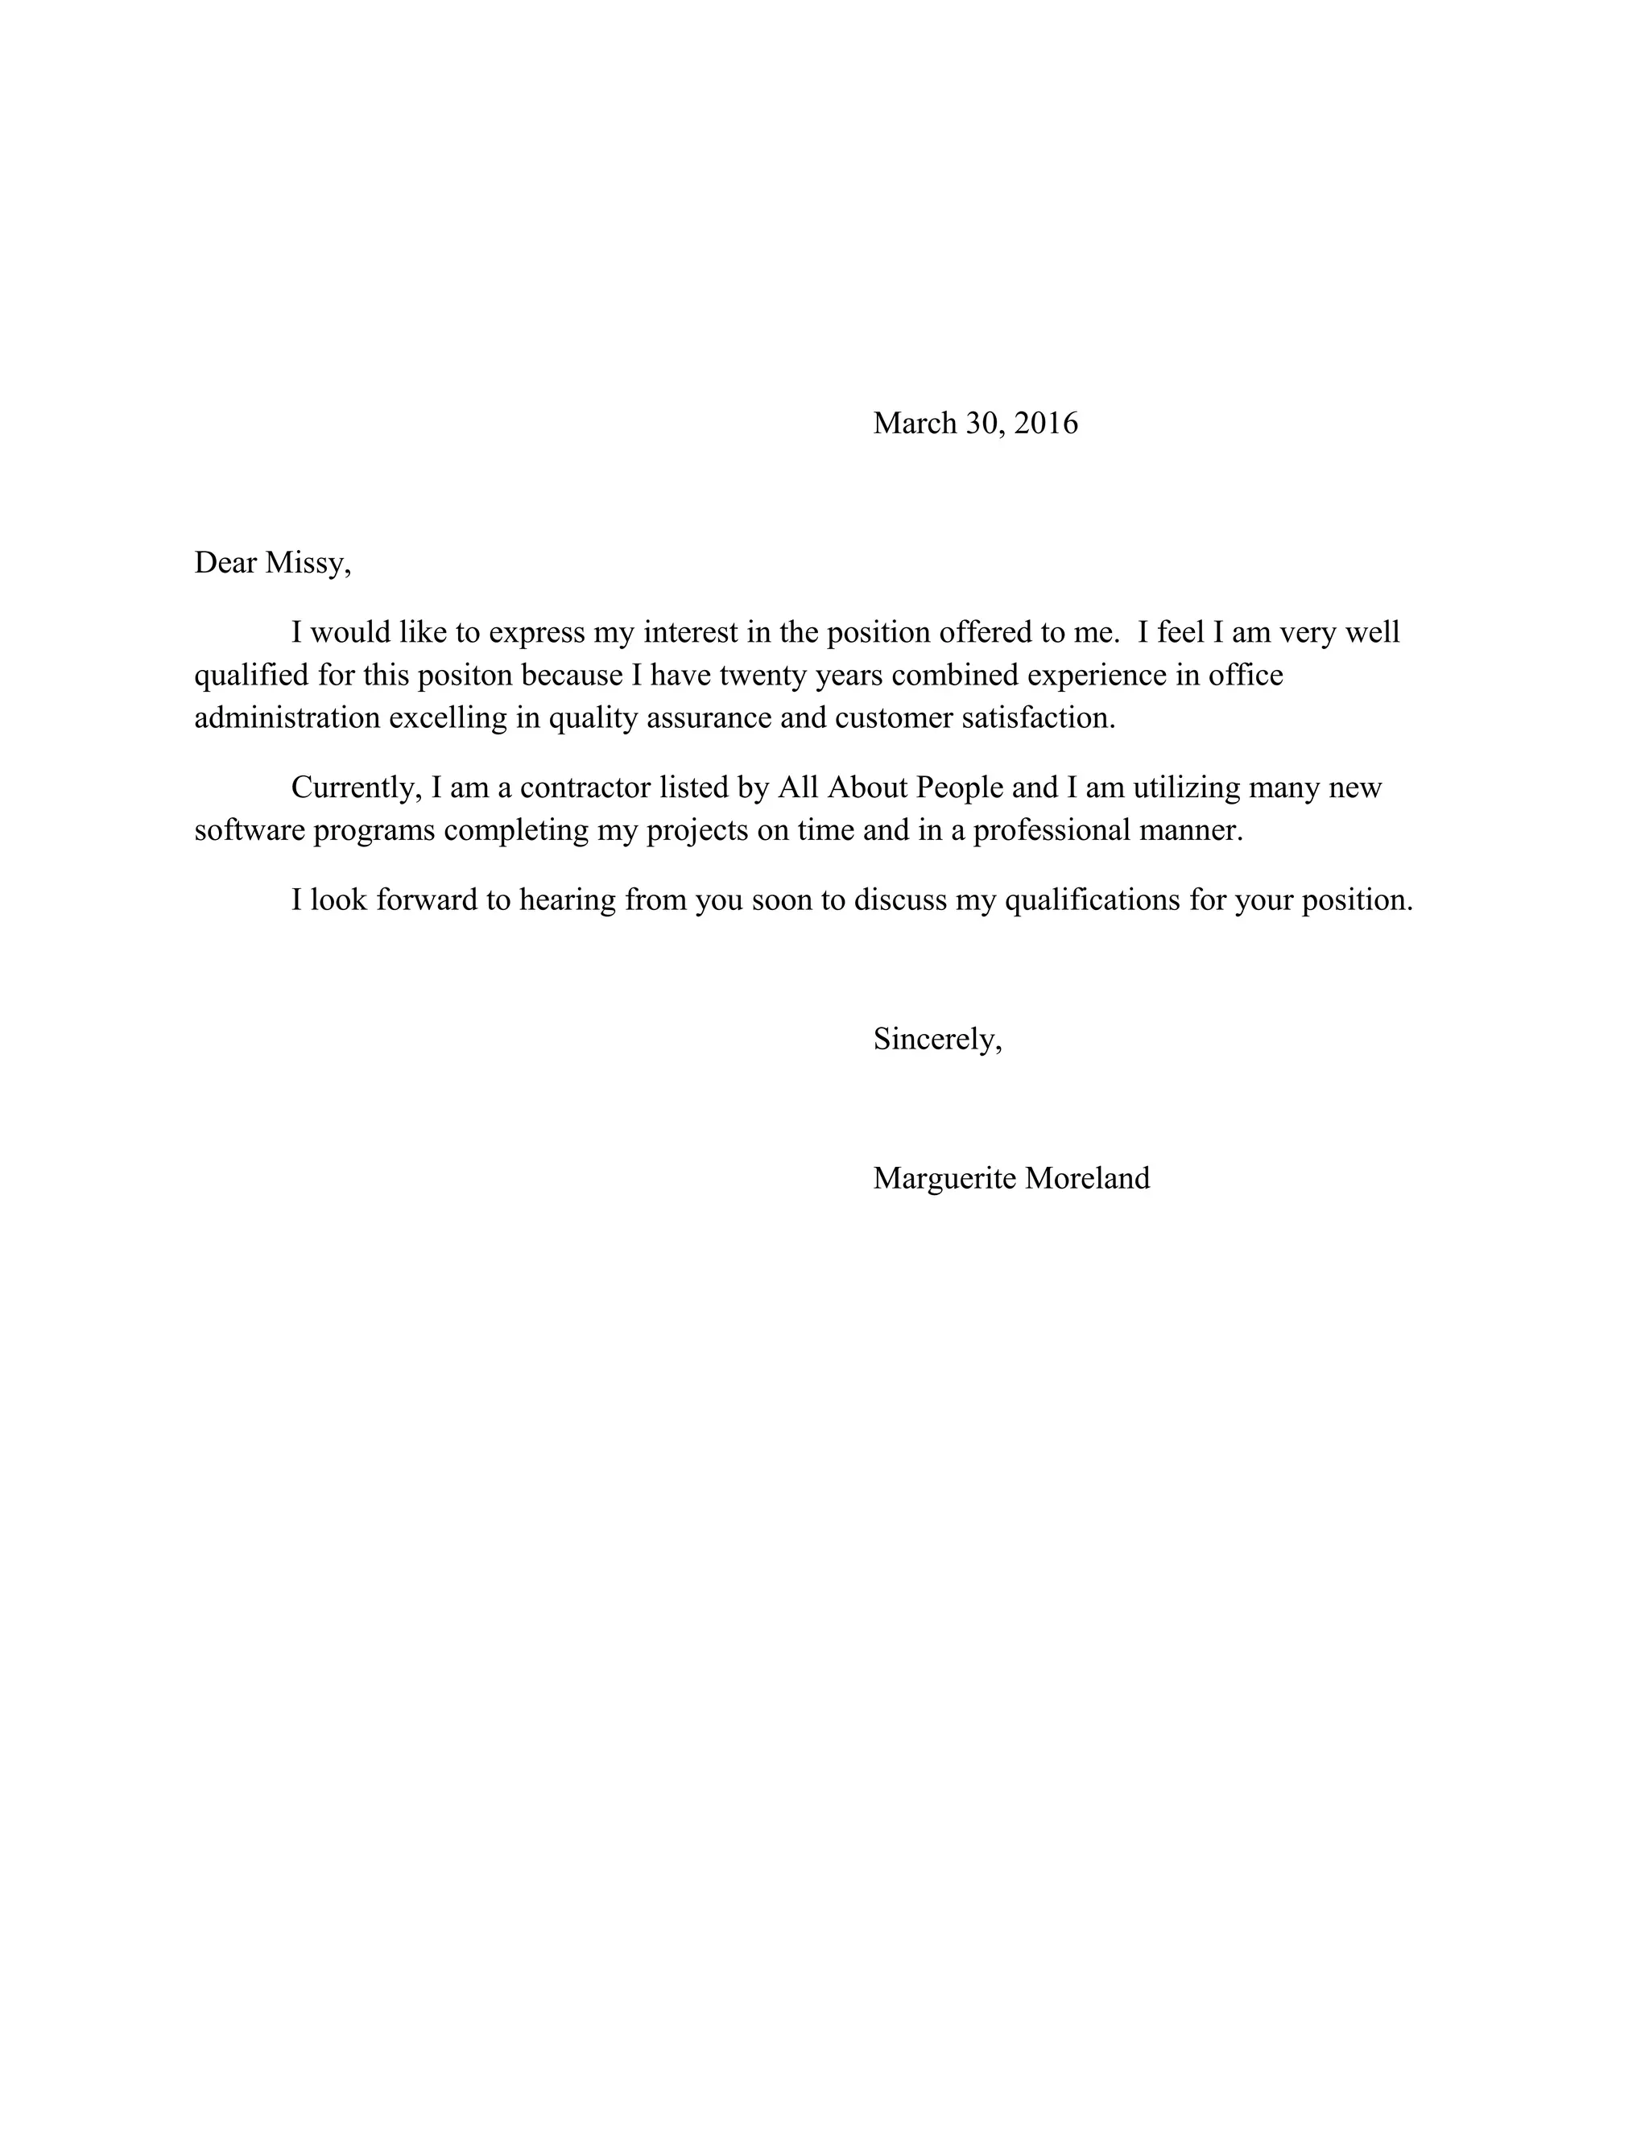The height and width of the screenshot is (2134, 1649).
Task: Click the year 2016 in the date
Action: click(1046, 423)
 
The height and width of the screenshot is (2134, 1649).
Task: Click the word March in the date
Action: click(915, 423)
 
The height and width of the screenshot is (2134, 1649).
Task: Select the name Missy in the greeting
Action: click(307, 564)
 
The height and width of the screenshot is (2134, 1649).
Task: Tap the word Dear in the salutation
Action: click(225, 564)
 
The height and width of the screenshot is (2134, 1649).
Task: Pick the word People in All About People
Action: click(959, 788)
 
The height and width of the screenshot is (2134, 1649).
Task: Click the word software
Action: click(249, 830)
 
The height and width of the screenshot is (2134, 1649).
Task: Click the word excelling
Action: click(448, 718)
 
